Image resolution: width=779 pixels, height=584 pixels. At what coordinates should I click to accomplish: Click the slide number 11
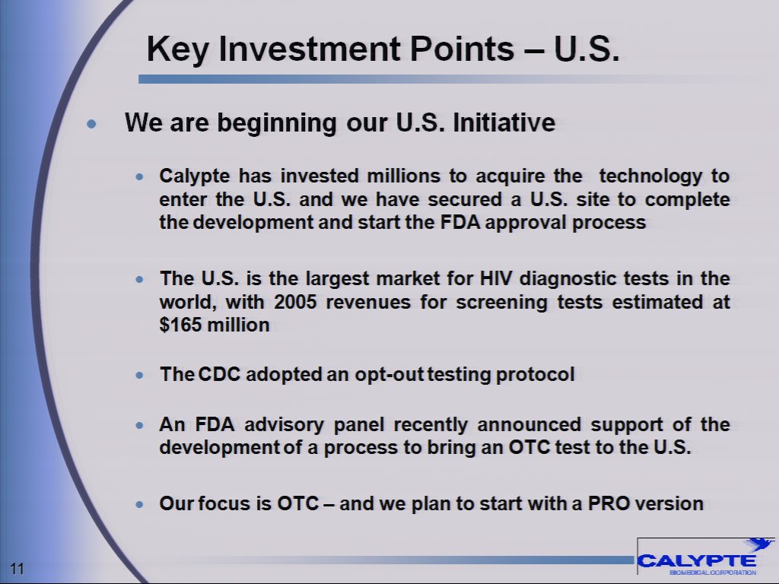click(x=17, y=568)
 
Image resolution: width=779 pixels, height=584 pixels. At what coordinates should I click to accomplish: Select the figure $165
click(x=180, y=325)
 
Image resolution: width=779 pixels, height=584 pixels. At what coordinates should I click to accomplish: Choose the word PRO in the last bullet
click(x=609, y=503)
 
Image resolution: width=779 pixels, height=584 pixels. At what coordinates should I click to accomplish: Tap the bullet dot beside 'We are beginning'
click(x=93, y=124)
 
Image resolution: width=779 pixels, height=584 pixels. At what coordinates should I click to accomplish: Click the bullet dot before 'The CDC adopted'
click(x=138, y=376)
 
